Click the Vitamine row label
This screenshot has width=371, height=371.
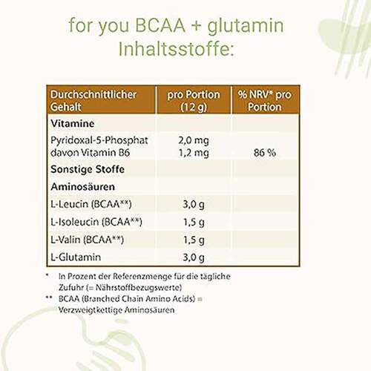tap(70, 124)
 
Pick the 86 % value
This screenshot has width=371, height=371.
tap(265, 152)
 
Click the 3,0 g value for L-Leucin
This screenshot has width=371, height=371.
tap(193, 204)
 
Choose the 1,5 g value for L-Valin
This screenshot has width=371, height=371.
tap(193, 240)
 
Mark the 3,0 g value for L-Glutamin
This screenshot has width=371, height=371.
tap(193, 257)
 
